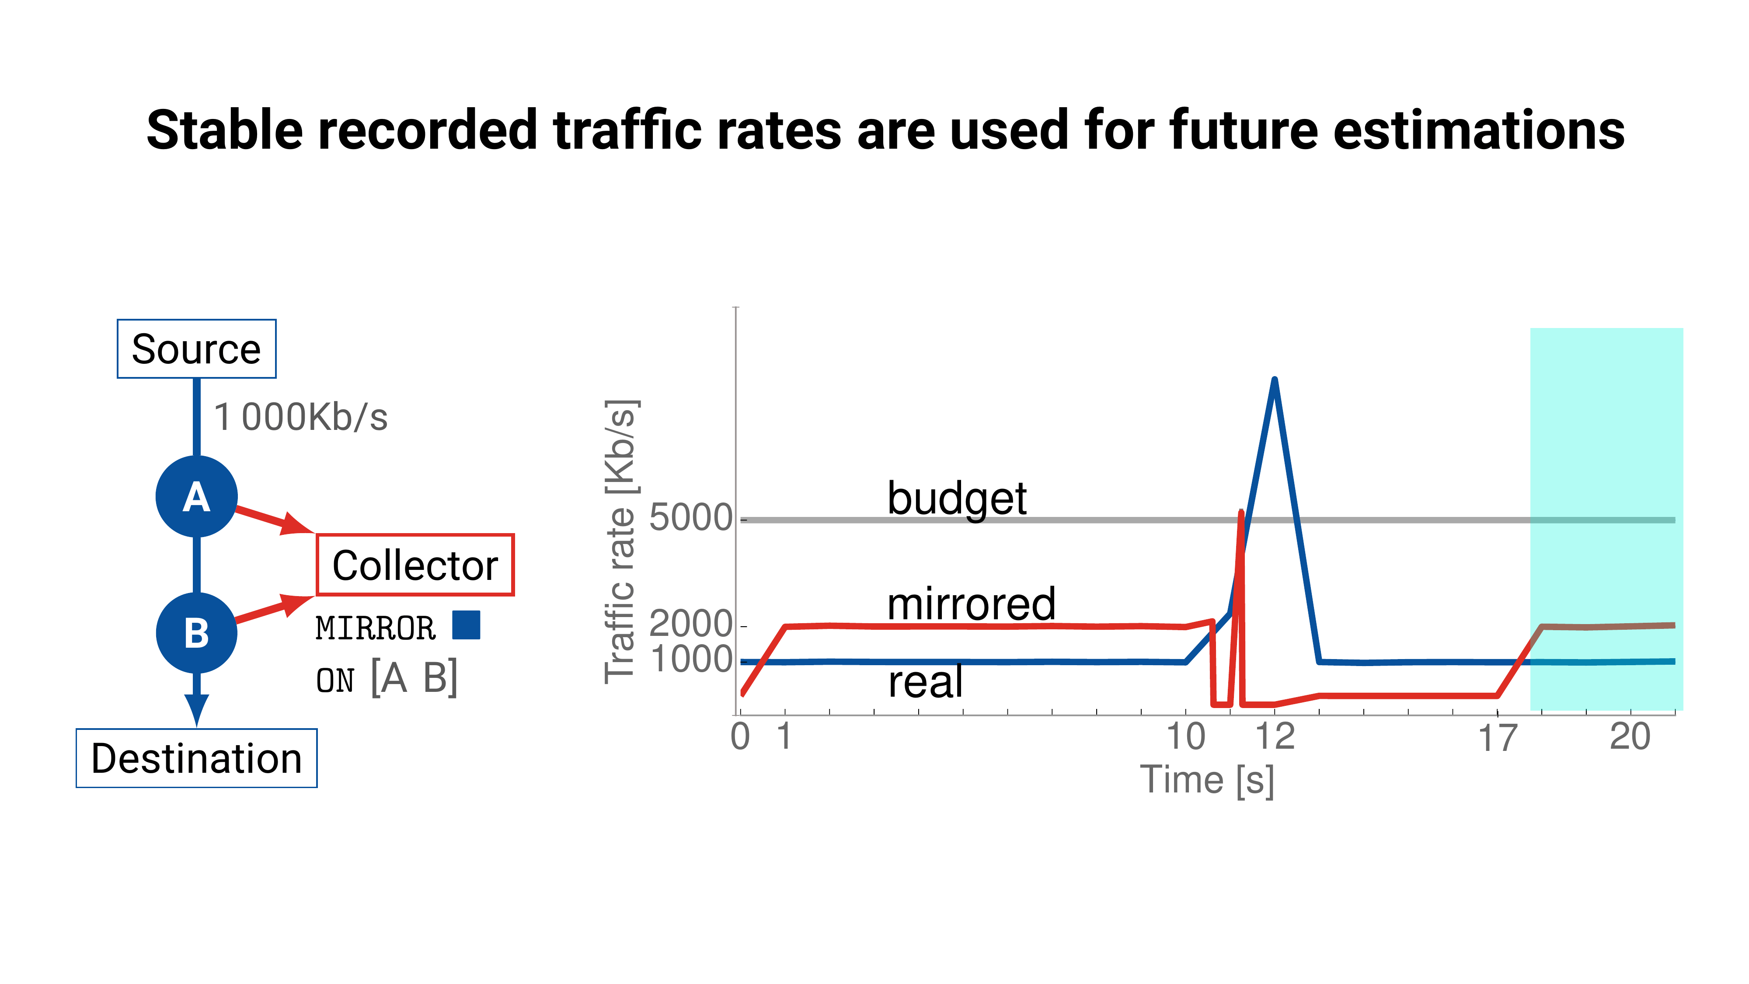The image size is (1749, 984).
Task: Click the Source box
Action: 196,349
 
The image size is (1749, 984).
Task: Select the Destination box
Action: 196,758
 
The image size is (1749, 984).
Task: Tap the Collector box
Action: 415,565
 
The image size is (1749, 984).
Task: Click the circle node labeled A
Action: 196,496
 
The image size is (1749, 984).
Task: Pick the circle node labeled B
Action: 196,633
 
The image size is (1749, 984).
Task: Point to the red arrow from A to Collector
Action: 272,520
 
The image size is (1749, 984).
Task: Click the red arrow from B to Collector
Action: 272,609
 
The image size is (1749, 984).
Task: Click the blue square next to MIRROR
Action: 467,625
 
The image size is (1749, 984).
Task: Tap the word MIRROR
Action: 376,628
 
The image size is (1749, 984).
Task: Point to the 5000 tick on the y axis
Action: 690,518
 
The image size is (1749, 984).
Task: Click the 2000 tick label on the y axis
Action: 690,623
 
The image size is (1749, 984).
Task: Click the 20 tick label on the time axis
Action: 1630,737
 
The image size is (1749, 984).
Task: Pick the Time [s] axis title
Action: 1207,780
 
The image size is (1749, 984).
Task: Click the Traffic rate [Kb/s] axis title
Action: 620,541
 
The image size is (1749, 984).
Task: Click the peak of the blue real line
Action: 1275,380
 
